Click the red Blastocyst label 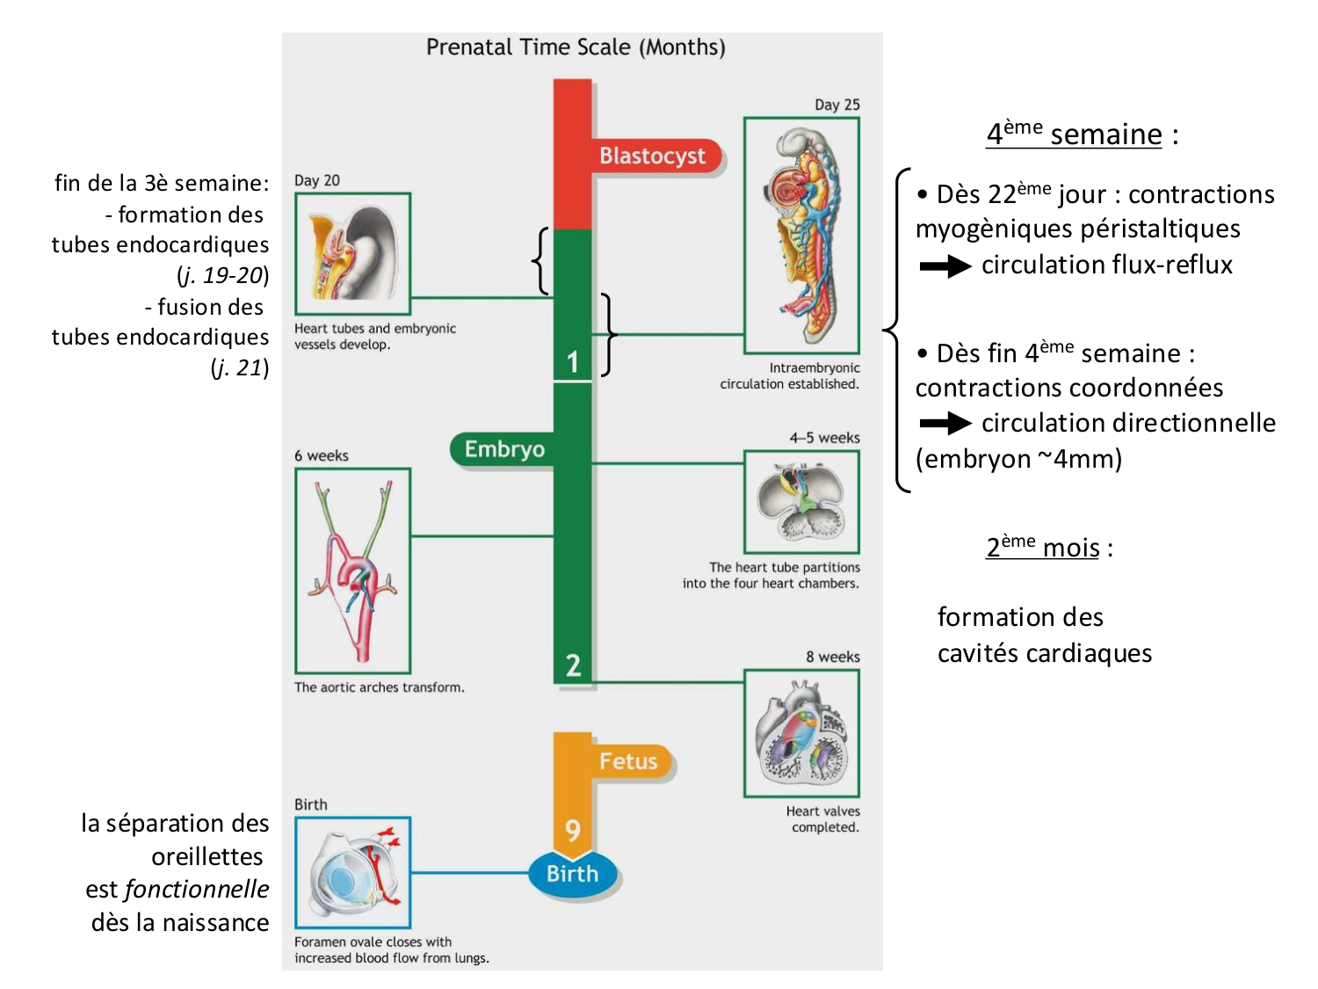tap(652, 156)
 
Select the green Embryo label tap(504, 449)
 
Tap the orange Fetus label tap(627, 761)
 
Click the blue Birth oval tap(573, 874)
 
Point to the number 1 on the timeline tap(573, 361)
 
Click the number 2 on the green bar tap(573, 665)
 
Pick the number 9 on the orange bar tap(573, 829)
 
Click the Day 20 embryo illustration tap(352, 254)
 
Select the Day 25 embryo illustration tap(801, 236)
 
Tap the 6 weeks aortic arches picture tap(352, 571)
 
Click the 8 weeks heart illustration tap(801, 733)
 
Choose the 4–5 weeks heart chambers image tap(801, 502)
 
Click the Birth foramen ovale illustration tap(352, 872)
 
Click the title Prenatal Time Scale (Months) tap(576, 47)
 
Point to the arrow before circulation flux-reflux tap(945, 266)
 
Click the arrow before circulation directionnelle tap(945, 424)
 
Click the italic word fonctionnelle tap(197, 889)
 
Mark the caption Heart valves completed tap(823, 818)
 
